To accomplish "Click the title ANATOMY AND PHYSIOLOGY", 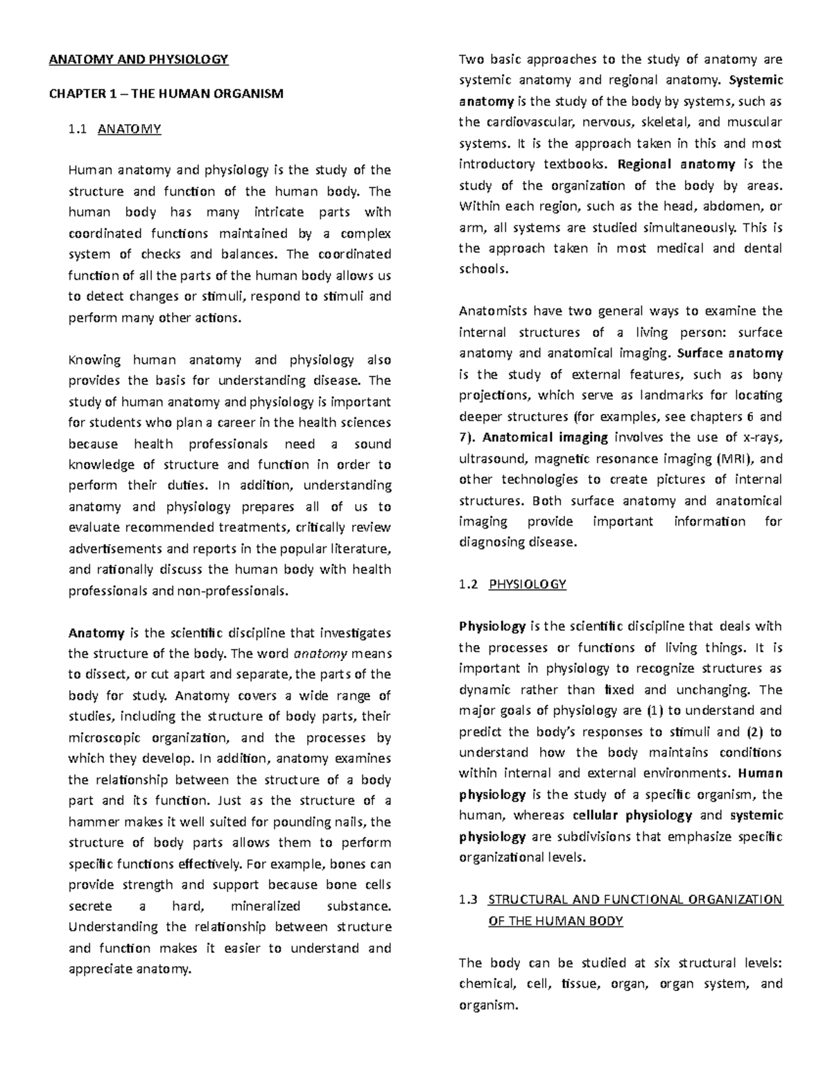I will coord(138,59).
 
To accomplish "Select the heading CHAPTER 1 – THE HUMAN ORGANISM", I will coord(166,94).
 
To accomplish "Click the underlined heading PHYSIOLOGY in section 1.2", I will coord(527,584).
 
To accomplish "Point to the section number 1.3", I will coord(469,900).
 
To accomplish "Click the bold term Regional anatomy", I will coord(676,164).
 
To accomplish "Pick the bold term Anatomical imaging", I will coord(545,437).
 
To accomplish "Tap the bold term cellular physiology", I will coord(632,815).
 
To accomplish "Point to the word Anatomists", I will coord(492,311).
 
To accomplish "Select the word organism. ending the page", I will coord(488,1004).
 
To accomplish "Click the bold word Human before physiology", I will coord(761,773).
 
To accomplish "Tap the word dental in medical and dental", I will coord(761,248).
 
